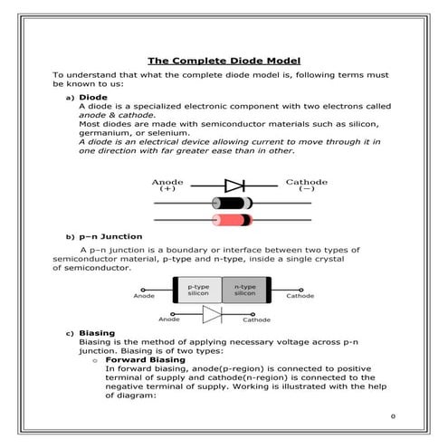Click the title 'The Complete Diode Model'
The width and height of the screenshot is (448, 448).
click(x=224, y=60)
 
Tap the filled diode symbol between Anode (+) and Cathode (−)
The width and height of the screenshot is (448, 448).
click(x=234, y=186)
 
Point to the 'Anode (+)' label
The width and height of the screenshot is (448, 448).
click(x=167, y=186)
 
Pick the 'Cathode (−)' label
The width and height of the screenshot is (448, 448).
click(x=306, y=186)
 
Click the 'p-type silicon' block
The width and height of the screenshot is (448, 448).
click(x=198, y=291)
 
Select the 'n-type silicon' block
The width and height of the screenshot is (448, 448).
click(x=245, y=291)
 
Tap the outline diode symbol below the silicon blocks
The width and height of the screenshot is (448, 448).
click(x=212, y=314)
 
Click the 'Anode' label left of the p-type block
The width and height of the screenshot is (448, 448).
click(x=144, y=296)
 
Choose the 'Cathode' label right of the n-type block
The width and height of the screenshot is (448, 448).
click(x=300, y=296)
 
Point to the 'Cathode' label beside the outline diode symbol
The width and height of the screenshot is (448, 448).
click(x=256, y=319)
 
